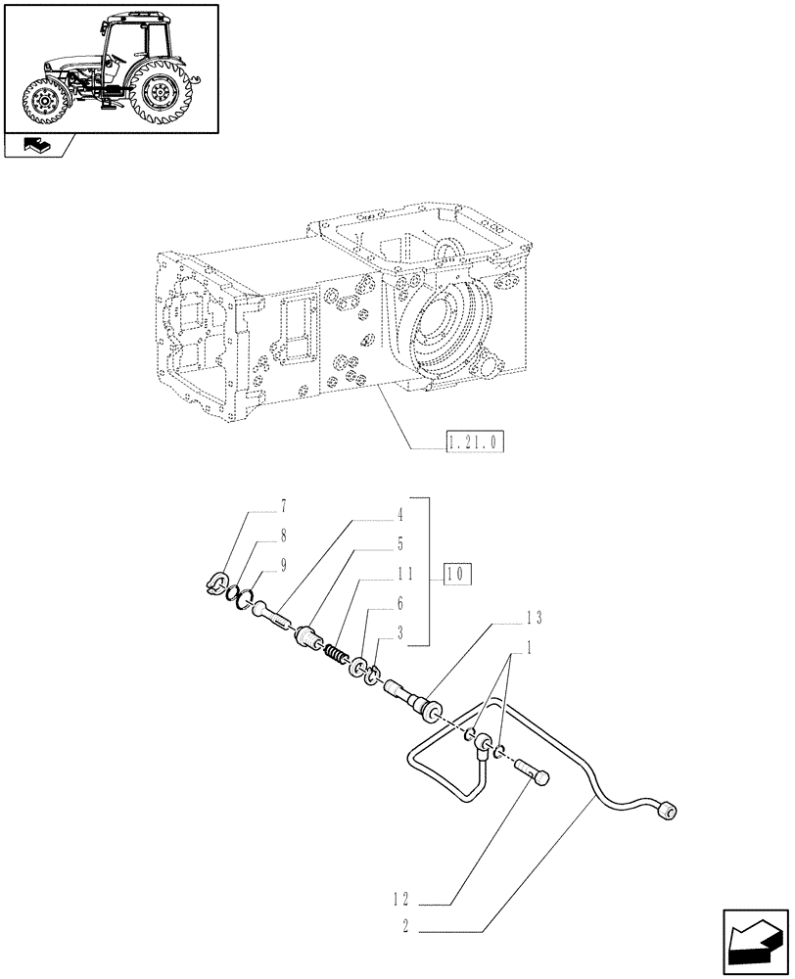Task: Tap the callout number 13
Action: (x=532, y=618)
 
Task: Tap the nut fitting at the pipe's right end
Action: (x=669, y=812)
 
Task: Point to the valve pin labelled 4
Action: (x=275, y=617)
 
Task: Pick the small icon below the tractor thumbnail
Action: (x=37, y=147)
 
